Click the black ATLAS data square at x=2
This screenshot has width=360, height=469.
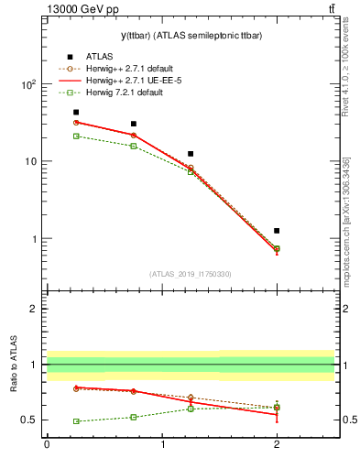(x=277, y=231)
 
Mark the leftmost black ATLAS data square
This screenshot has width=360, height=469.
(x=76, y=113)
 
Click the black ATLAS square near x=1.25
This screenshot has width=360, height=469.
(x=191, y=154)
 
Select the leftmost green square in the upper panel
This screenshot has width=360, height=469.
(x=76, y=136)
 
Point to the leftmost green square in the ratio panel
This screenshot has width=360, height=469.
(x=76, y=421)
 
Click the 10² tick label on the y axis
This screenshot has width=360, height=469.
(x=27, y=84)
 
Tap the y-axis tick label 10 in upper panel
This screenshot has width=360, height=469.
(x=30, y=162)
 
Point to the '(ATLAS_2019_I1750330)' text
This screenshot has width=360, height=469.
(x=191, y=274)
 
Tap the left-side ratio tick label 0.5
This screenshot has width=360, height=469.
(x=29, y=420)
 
